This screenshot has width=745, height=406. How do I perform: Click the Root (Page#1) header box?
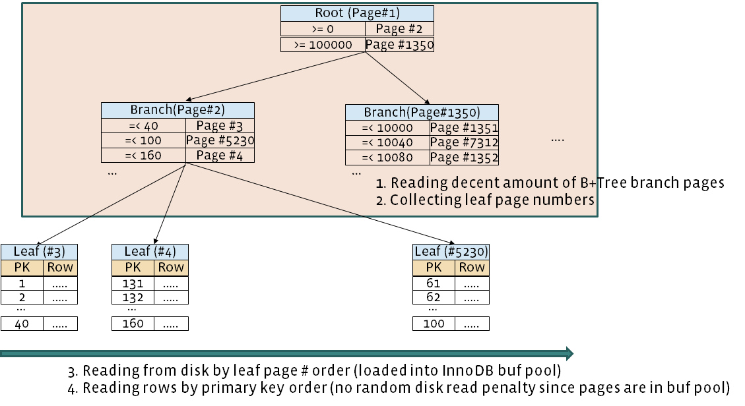pyautogui.click(x=357, y=13)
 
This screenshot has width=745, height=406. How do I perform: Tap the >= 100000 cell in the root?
pyautogui.click(x=323, y=45)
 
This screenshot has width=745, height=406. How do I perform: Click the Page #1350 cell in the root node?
pyautogui.click(x=399, y=45)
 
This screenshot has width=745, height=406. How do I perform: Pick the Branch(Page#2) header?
pyautogui.click(x=177, y=110)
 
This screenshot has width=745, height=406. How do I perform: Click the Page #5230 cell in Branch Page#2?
pyautogui.click(x=220, y=140)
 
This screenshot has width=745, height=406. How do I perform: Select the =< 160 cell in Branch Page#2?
pyautogui.click(x=143, y=156)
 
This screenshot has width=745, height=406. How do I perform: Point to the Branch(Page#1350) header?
pyautogui.click(x=422, y=112)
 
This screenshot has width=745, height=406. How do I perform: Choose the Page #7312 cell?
pyautogui.click(x=464, y=142)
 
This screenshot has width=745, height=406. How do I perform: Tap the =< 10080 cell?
pyautogui.click(x=387, y=158)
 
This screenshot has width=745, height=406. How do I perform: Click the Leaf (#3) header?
pyautogui.click(x=39, y=251)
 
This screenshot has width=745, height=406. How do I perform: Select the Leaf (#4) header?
pyautogui.click(x=150, y=251)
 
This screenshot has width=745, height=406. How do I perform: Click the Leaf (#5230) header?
pyautogui.click(x=451, y=251)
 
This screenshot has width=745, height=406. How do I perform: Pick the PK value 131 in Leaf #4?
pyautogui.click(x=133, y=283)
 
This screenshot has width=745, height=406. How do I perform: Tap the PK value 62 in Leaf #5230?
pyautogui.click(x=434, y=297)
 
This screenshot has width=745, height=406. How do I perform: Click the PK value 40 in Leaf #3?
pyautogui.click(x=22, y=324)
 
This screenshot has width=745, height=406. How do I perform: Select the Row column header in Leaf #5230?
pyautogui.click(x=472, y=267)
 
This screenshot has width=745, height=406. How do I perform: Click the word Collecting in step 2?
pyautogui.click(x=417, y=200)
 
